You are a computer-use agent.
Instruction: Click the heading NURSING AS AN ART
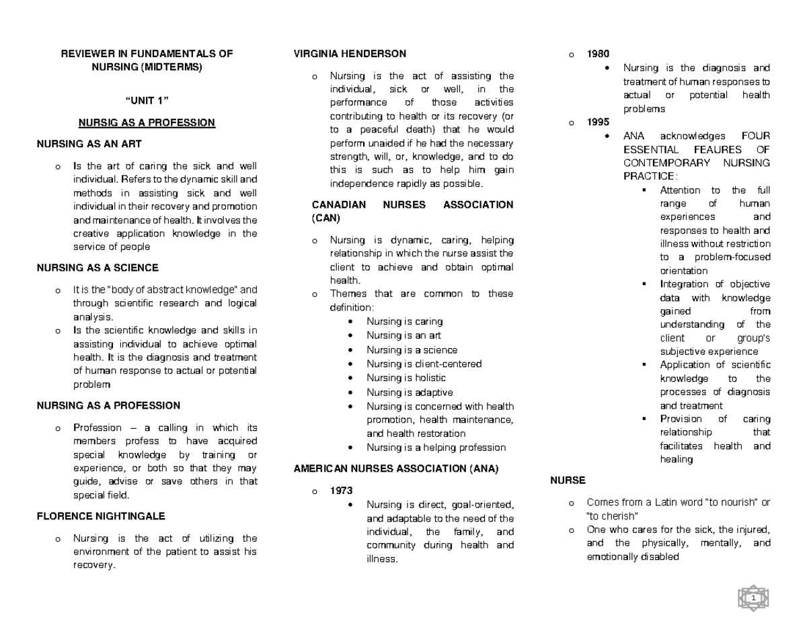click(89, 144)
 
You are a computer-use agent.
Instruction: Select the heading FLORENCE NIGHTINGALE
click(101, 516)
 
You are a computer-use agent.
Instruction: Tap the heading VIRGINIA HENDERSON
click(350, 54)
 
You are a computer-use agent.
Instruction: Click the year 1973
click(341, 491)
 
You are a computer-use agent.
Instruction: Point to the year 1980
click(597, 54)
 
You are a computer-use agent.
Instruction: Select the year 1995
click(597, 122)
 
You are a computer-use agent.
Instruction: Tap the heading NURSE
click(568, 481)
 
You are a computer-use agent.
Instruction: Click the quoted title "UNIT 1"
click(147, 101)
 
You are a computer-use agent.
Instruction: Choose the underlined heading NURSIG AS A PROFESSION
click(147, 123)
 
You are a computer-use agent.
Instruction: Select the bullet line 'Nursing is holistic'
click(406, 378)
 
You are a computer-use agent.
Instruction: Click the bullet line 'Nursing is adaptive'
click(410, 392)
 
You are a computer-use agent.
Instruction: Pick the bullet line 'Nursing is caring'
click(404, 321)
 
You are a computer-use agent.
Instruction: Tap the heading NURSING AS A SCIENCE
click(98, 267)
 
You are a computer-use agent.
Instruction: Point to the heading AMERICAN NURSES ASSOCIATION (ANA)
click(396, 469)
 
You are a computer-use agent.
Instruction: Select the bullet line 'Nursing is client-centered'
click(424, 364)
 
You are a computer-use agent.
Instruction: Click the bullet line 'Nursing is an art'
click(403, 335)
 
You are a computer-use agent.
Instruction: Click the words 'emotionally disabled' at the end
click(633, 557)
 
